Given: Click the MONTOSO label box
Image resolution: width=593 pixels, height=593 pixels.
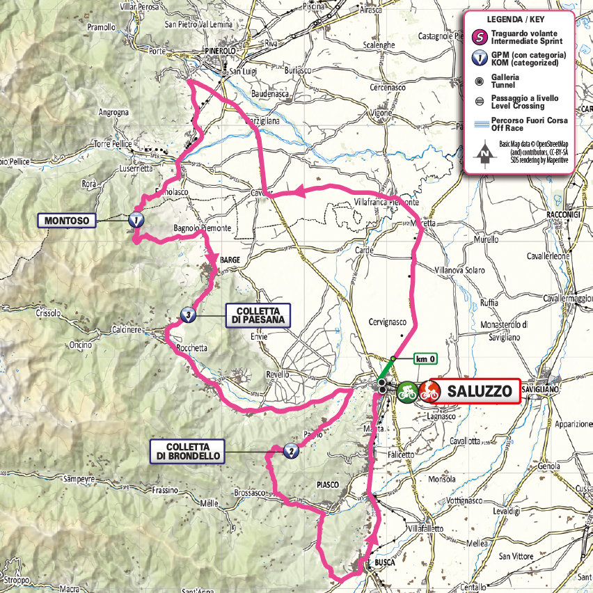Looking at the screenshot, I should point(68,221).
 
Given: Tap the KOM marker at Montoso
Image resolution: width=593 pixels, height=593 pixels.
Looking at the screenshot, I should point(136,221).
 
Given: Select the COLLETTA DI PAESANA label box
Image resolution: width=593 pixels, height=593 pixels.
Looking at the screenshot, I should point(258,315).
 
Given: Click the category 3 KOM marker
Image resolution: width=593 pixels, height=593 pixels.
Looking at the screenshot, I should point(187,315).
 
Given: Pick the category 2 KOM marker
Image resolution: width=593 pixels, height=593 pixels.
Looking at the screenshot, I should point(291,451).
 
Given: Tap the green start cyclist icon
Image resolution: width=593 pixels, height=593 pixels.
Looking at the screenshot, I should point(407,392).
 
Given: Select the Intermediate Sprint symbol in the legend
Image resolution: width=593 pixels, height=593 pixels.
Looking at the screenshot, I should point(479,37).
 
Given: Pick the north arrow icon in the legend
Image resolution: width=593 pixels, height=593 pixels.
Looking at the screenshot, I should point(481,157).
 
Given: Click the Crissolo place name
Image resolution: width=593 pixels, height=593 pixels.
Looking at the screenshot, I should point(48,313).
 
